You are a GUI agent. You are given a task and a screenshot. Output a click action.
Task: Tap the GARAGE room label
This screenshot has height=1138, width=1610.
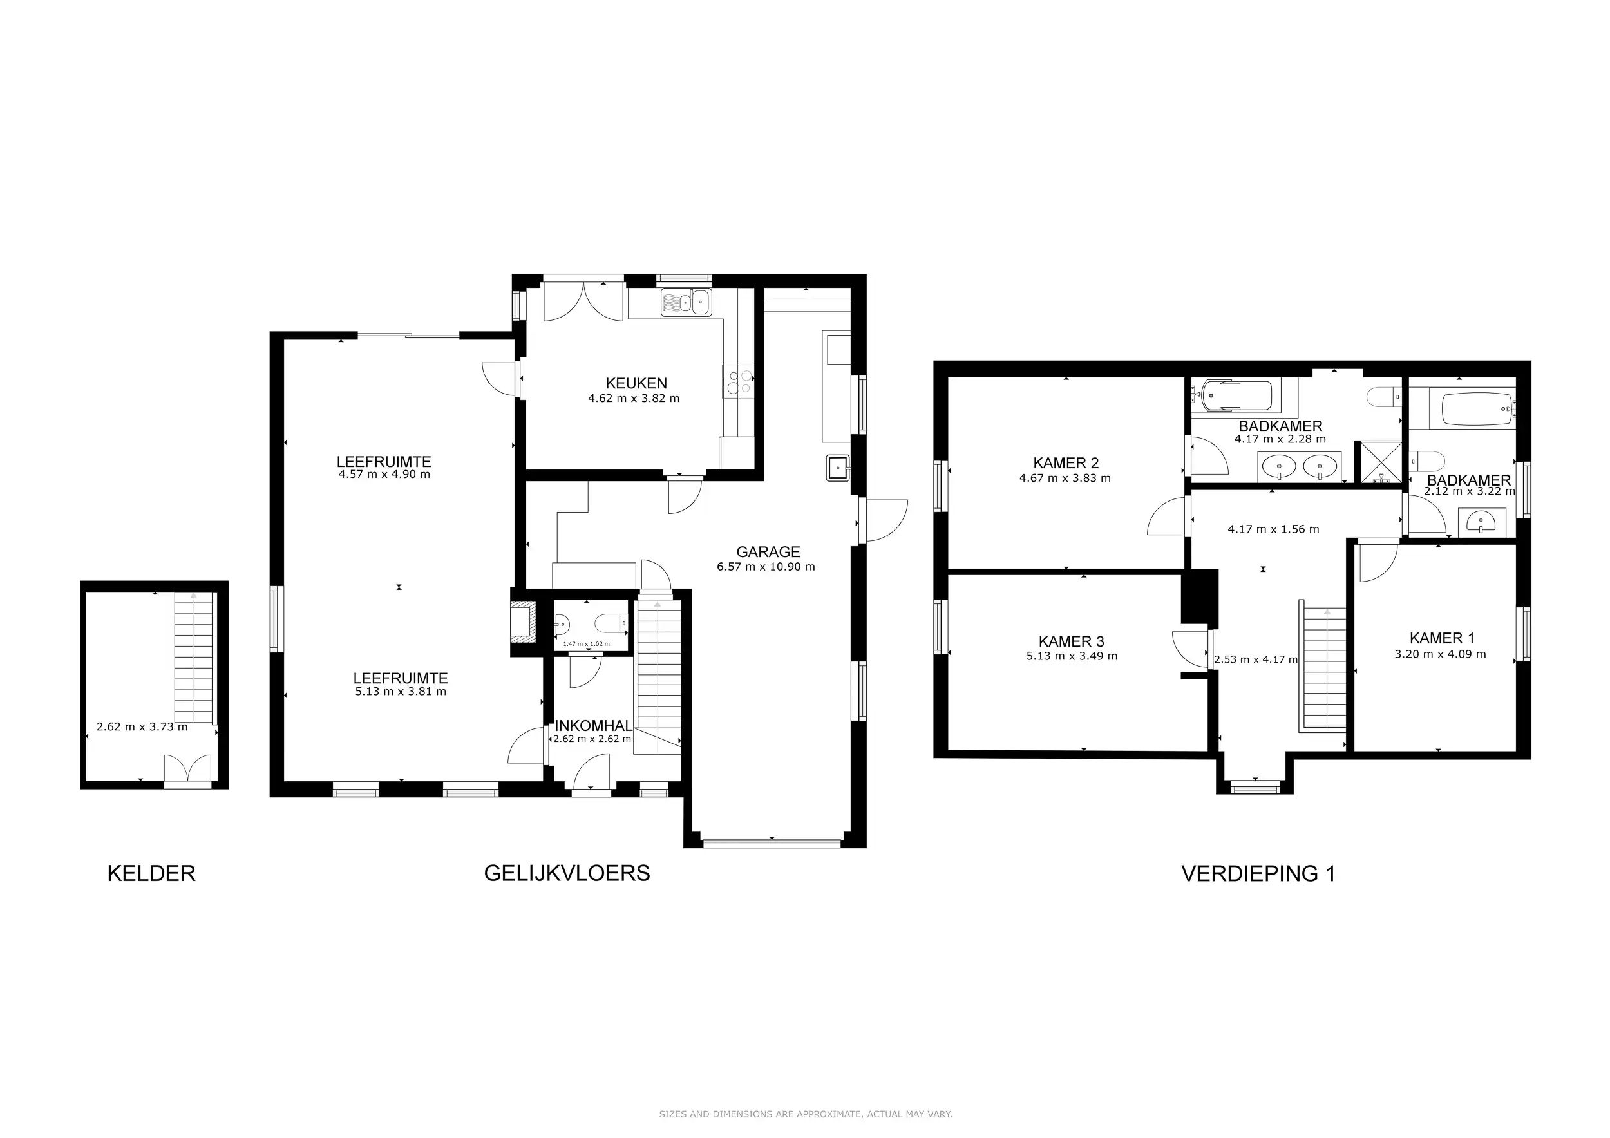768,552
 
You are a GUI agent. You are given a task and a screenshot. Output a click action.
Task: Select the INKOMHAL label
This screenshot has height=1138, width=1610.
593,726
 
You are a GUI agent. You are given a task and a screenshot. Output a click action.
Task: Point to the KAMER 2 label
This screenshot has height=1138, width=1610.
1066,463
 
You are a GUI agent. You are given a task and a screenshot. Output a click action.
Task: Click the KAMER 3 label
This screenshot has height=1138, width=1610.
1071,641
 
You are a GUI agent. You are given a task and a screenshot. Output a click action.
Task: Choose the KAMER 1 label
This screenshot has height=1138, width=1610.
1442,638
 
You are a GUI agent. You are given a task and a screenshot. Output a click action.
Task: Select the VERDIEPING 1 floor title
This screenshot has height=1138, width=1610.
1258,874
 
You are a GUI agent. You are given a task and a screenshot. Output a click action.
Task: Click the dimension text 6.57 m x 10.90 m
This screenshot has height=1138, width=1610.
766,567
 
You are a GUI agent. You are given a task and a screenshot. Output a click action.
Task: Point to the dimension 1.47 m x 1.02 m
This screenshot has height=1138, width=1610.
586,643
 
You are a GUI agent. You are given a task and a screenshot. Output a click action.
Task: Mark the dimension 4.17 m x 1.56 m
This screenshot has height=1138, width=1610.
1273,529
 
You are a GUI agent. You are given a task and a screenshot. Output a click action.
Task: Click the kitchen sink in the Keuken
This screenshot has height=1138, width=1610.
687,303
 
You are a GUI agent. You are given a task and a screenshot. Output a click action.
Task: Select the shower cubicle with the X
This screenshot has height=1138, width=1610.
1381,462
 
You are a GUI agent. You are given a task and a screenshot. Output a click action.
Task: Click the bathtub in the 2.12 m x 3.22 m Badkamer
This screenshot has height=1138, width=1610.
1477,409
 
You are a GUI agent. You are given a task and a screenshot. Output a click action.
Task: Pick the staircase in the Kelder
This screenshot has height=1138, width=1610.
194,658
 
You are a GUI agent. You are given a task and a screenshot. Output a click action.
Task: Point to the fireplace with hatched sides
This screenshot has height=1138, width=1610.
522,622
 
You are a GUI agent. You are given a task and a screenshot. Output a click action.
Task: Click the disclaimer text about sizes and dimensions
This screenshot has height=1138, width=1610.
805,1114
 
